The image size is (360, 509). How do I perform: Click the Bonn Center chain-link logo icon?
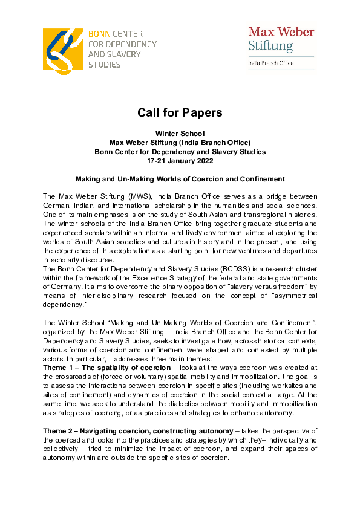tap(63, 48)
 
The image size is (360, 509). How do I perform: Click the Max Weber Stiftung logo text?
tap(281, 38)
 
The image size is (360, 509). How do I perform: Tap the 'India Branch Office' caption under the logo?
tap(270, 62)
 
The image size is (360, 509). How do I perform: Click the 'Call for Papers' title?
tap(180, 112)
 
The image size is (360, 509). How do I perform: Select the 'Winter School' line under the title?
tap(180, 133)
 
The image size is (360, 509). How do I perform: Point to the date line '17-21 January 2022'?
tap(180, 161)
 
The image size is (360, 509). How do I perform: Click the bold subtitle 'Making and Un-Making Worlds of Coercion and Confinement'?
tap(180, 179)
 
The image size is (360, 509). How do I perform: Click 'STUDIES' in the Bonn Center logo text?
tap(104, 64)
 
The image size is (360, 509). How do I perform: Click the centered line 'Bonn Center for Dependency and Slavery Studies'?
tap(180, 152)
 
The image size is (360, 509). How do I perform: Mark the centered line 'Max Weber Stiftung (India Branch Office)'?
tap(180, 143)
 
